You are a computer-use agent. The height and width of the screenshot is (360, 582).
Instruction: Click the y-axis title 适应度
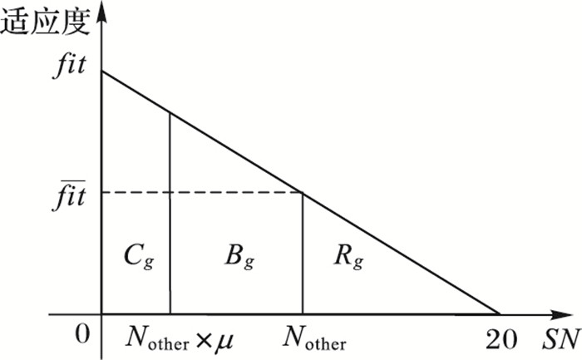tap(45, 22)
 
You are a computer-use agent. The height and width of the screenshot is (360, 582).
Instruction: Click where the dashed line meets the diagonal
tap(301, 193)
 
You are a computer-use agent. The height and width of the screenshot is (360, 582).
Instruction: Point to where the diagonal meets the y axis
tap(101, 72)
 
